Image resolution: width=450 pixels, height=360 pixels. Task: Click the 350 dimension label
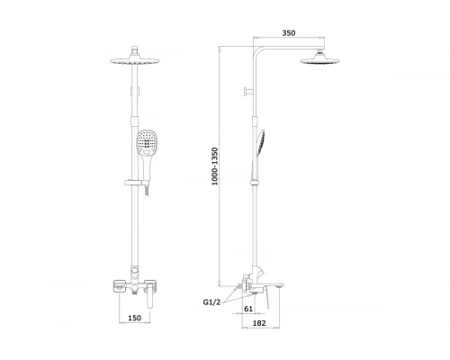click(x=289, y=32)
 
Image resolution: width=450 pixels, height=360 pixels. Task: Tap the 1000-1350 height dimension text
click(x=215, y=166)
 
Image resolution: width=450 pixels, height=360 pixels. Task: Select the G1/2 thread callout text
click(x=211, y=302)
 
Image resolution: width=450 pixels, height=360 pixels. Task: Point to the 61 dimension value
click(x=248, y=309)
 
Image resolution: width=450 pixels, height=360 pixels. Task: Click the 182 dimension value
click(x=259, y=323)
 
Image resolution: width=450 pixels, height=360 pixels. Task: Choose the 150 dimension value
click(x=134, y=318)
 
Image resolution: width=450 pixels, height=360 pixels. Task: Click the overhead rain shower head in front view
click(x=135, y=61)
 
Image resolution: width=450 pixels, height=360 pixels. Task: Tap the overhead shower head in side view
click(x=319, y=60)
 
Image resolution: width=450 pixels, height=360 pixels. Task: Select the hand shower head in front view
click(x=147, y=143)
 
